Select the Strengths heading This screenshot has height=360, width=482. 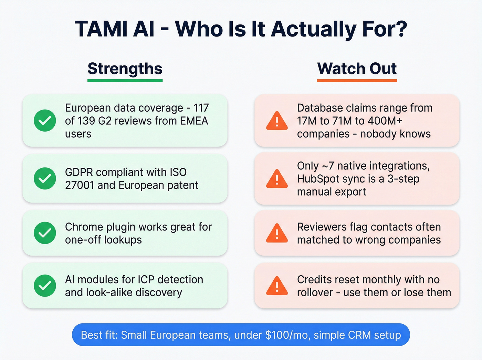point(125,69)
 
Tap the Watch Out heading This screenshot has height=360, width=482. point(357,69)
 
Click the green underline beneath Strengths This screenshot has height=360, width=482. point(125,81)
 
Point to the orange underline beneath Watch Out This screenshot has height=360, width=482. point(357,81)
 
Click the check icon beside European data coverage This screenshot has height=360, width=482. point(45,121)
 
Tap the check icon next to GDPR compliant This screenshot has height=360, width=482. point(45,178)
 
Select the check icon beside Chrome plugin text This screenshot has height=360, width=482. point(45,233)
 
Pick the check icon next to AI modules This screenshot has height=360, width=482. point(45,286)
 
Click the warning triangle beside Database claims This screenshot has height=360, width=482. point(277,121)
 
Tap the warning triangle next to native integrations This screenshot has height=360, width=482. point(277,179)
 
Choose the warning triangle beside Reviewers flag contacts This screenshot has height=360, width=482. point(277,234)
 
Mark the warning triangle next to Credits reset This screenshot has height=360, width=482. point(277,286)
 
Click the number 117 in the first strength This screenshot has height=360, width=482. point(201,108)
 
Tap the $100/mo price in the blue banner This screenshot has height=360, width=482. point(286,335)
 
